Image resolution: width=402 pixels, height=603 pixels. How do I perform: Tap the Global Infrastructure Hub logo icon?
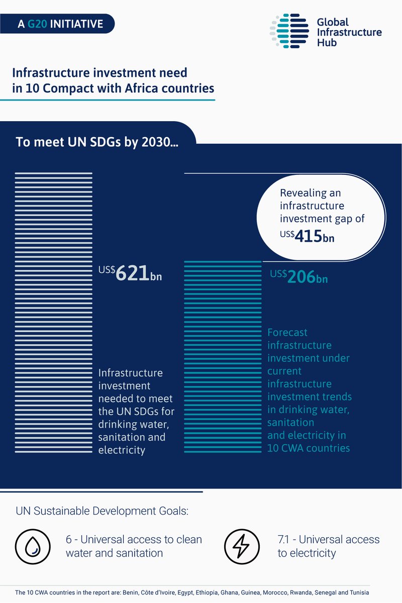pyautogui.click(x=288, y=32)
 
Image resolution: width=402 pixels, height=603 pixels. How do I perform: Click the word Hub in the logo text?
pyautogui.click(x=327, y=43)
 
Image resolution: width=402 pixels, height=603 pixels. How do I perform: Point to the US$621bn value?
pyautogui.click(x=130, y=274)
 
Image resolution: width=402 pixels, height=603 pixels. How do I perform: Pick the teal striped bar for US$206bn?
pyautogui.click(x=223, y=357)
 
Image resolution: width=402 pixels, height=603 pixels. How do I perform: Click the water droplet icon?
pyautogui.click(x=32, y=546)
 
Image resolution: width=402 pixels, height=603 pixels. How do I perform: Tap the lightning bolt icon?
pyautogui.click(x=241, y=546)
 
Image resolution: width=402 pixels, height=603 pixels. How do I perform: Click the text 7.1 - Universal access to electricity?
pyautogui.click(x=328, y=546)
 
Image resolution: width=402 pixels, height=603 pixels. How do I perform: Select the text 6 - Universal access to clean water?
pyautogui.click(x=134, y=546)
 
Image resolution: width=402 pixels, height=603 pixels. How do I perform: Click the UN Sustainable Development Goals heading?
pyautogui.click(x=102, y=512)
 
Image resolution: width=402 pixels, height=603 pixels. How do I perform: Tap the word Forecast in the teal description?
pyautogui.click(x=287, y=332)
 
